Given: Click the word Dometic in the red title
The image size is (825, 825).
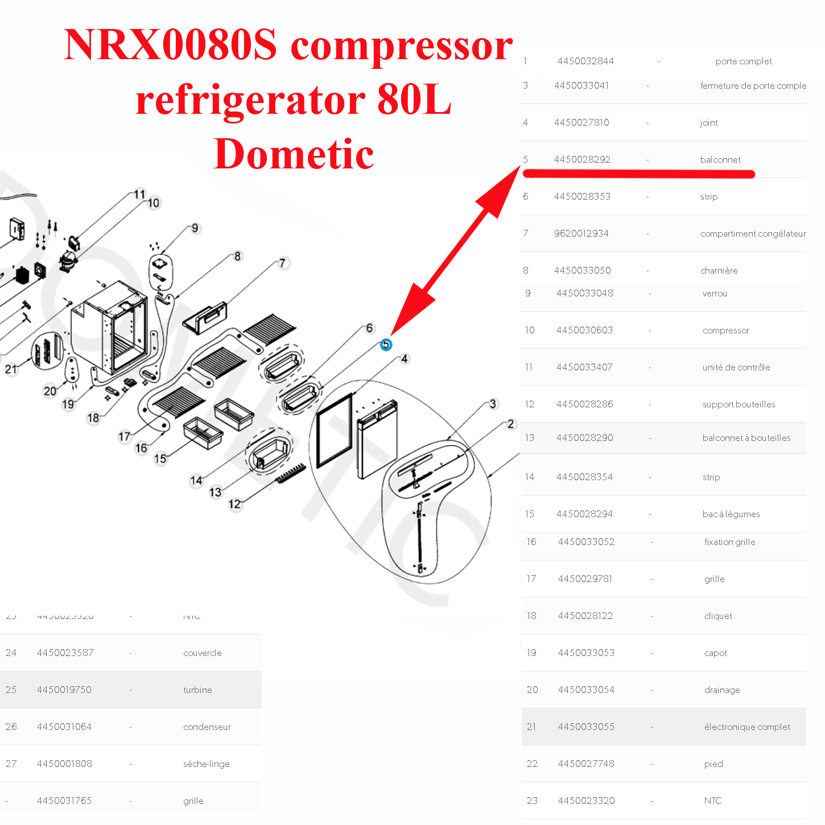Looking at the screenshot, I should pyautogui.click(x=294, y=154).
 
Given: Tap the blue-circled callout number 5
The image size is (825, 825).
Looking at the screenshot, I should pyautogui.click(x=386, y=345).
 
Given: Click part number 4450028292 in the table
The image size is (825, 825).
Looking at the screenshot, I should pyautogui.click(x=582, y=160).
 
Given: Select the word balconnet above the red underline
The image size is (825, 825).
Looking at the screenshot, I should pyautogui.click(x=720, y=160).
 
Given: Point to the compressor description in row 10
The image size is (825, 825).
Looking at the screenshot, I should pyautogui.click(x=725, y=331).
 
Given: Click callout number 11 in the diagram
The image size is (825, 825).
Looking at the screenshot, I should pyautogui.click(x=139, y=195).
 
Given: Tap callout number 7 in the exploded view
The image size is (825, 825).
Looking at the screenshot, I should pyautogui.click(x=283, y=263).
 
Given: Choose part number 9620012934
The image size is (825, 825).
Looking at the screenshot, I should pyautogui.click(x=581, y=234).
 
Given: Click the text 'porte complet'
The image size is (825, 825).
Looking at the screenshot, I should pyautogui.click(x=744, y=61).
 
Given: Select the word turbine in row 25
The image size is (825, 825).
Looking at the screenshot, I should pyautogui.click(x=197, y=690).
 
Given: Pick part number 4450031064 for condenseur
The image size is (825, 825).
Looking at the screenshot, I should pyautogui.click(x=64, y=727).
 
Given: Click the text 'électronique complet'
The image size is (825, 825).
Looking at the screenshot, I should pyautogui.click(x=747, y=727).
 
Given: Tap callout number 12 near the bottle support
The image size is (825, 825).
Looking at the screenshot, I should pyautogui.click(x=234, y=504).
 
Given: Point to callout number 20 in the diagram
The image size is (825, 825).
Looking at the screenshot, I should pyautogui.click(x=50, y=391).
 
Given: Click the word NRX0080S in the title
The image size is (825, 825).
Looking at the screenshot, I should pyautogui.click(x=170, y=45).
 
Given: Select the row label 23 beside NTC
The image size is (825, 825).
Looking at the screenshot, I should pyautogui.click(x=532, y=801).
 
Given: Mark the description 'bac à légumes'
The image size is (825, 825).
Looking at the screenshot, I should pyautogui.click(x=731, y=514).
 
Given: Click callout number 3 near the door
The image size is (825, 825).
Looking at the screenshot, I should pyautogui.click(x=493, y=404).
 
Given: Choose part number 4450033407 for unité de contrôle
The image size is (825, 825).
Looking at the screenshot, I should pyautogui.click(x=584, y=368).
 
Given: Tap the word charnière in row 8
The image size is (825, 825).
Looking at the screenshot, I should pyautogui.click(x=719, y=271).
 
